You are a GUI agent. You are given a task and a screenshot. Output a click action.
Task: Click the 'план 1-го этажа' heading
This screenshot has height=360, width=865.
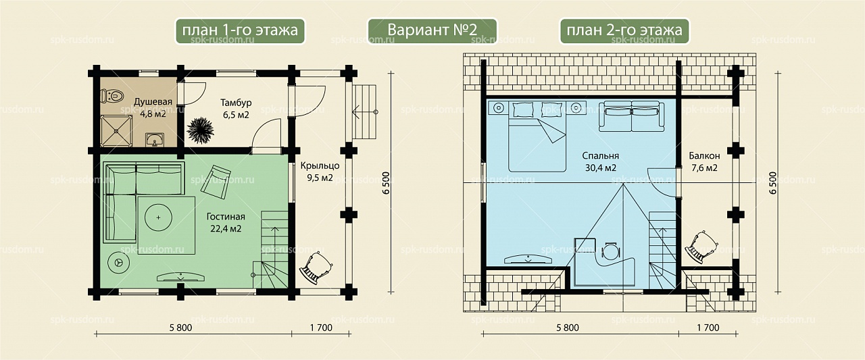pos(240,30)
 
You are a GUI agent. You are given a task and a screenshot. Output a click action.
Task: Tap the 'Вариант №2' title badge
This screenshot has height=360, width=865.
pos(432,30)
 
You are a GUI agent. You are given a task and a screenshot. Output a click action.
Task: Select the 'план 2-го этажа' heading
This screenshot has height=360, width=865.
pos(624,30)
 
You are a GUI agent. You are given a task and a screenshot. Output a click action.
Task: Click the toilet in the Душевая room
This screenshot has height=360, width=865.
pos(112,95)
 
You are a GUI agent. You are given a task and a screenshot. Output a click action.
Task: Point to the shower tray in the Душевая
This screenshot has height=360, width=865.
pos(116,131)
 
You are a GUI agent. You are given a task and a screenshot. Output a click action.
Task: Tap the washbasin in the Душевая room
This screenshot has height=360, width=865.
pos(155,139)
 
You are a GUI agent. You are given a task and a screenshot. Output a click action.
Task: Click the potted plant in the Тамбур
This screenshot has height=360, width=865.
pos(200,130)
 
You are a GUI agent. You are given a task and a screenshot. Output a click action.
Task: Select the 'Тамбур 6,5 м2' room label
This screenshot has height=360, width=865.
pos(236,109)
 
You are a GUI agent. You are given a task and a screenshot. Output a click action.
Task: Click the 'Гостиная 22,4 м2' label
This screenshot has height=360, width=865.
pos(226,223)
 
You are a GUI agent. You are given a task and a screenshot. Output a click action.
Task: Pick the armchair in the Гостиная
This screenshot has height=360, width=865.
pos(216,182)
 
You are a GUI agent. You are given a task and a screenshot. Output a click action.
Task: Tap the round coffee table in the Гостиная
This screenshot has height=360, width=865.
pos(158,217)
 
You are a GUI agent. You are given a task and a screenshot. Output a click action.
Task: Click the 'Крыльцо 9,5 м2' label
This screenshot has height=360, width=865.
pos(320,172)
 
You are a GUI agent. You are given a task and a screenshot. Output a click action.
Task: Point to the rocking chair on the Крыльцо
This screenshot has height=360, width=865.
pos(316,267)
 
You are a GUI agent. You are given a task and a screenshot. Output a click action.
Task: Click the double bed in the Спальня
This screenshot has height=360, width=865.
pos(537,136)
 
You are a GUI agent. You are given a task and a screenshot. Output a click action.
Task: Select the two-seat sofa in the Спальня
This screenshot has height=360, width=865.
pos(632,115)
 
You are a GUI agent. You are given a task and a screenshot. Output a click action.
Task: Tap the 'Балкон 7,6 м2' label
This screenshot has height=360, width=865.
pos(704,161)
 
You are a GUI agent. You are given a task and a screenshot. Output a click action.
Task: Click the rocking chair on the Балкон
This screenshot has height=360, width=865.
pos(701,247)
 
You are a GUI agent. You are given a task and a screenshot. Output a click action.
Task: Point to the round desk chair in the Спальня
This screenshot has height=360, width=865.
pos(611,251)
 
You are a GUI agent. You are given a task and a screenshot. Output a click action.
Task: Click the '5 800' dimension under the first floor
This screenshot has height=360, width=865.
pos(180,328)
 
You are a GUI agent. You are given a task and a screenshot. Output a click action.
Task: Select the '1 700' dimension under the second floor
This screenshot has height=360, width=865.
pos(708,328)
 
